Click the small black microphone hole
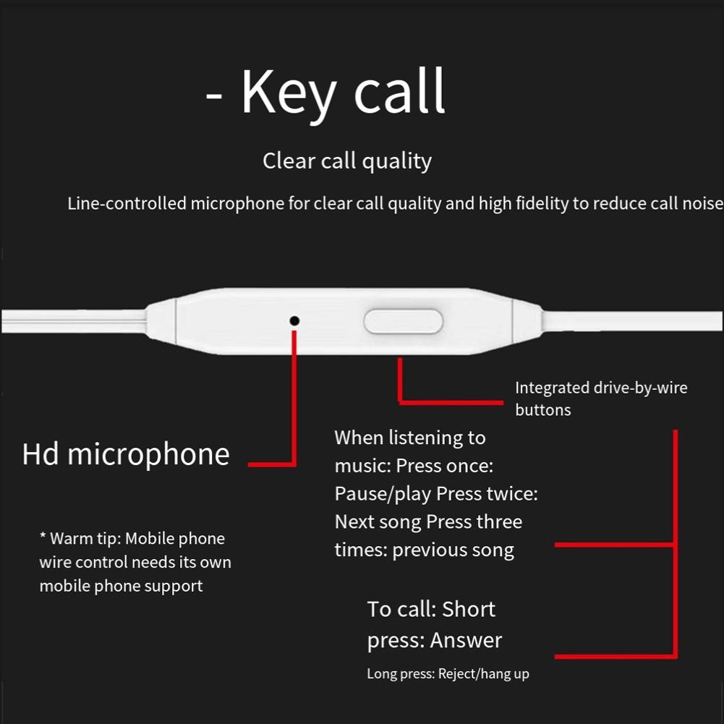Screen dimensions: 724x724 (x=294, y=320)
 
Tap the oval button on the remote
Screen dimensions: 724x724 (x=403, y=321)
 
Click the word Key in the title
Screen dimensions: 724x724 (x=288, y=93)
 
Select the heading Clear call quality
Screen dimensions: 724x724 (x=347, y=161)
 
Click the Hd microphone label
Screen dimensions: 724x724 (x=126, y=454)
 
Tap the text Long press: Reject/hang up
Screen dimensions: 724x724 (x=448, y=674)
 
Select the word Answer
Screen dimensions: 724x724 (x=466, y=640)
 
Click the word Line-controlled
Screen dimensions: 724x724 (x=127, y=204)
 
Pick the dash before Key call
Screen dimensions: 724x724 (x=214, y=95)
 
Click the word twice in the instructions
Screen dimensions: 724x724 (x=511, y=494)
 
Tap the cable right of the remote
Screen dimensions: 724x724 (x=629, y=319)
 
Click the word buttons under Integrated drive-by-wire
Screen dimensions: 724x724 (x=542, y=410)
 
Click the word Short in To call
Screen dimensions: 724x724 (x=468, y=609)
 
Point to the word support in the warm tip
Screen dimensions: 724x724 (x=174, y=586)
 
